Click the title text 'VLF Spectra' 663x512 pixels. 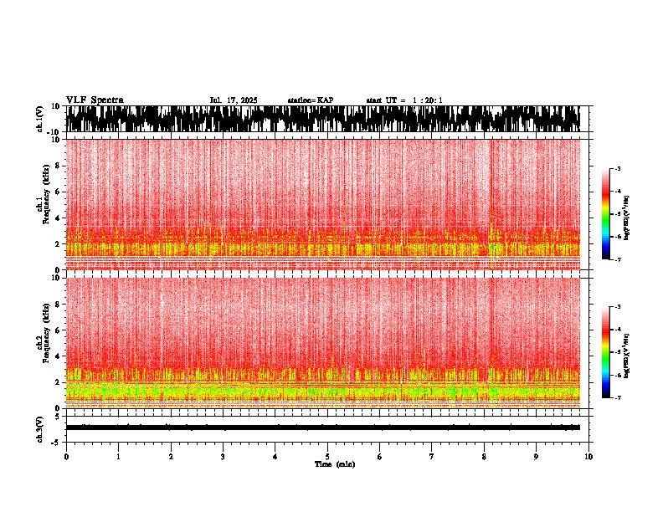pyautogui.click(x=95, y=100)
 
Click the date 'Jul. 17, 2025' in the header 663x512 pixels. pyautogui.click(x=234, y=100)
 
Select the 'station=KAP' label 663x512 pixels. pyautogui.click(x=311, y=100)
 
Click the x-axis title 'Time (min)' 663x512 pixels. pyautogui.click(x=334, y=464)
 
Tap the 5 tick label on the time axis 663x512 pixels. pyautogui.click(x=327, y=457)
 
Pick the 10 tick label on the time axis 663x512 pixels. pyautogui.click(x=589, y=457)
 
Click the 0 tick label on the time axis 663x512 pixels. pyautogui.click(x=66, y=457)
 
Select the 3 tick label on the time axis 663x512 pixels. pyautogui.click(x=223, y=457)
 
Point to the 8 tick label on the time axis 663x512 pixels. pyautogui.click(x=484, y=457)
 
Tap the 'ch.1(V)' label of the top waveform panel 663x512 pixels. pyautogui.click(x=39, y=119)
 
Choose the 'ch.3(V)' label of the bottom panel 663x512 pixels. pyautogui.click(x=39, y=428)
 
